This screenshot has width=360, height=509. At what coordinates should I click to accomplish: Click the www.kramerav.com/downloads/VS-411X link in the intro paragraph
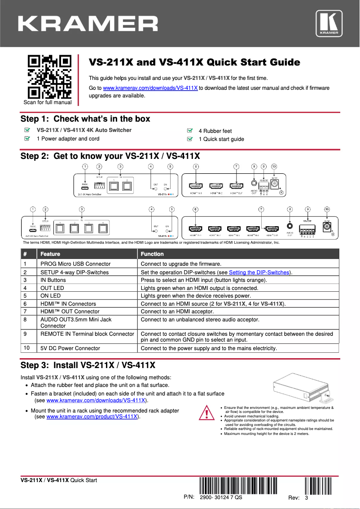150,88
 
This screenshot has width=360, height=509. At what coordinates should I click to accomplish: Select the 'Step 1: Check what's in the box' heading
85,119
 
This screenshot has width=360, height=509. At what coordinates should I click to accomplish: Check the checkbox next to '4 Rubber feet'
190,131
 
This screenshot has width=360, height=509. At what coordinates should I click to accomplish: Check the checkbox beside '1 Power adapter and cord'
27,139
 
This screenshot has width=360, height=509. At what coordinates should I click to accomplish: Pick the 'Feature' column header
50,254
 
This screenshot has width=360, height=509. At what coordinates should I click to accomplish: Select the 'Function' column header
152,254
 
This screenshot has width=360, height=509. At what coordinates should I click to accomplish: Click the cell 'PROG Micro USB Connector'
75,264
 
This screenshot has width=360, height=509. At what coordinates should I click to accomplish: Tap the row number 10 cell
28,348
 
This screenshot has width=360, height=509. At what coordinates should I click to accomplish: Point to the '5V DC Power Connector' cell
70,348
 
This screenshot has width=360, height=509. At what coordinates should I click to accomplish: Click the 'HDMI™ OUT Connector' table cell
70,312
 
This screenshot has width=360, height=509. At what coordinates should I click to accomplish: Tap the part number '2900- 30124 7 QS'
221,497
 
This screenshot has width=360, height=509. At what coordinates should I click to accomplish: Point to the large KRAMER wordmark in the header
88,24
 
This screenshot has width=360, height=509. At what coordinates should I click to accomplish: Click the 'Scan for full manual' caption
48,102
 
